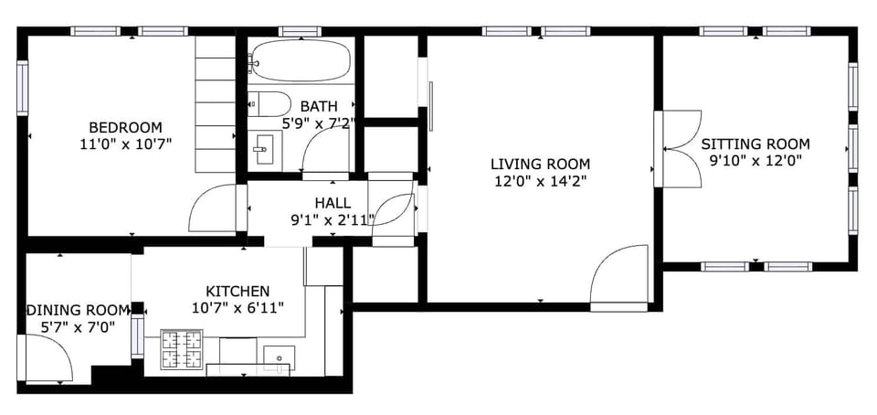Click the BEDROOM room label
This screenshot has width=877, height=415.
125,127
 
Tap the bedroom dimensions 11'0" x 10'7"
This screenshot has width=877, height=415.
125,144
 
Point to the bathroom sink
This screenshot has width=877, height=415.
264,147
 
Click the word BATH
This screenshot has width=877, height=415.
318,106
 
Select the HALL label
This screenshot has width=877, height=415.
332,202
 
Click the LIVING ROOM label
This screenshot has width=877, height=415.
540,165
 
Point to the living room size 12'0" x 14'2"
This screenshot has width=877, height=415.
540,181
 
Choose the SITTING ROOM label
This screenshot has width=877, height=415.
755,144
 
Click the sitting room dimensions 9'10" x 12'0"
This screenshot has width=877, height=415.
755,161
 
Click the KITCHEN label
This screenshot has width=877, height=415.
237,291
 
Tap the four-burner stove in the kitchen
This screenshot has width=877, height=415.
182,348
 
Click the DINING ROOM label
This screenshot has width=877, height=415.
78,310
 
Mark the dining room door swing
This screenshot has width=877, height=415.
48,359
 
